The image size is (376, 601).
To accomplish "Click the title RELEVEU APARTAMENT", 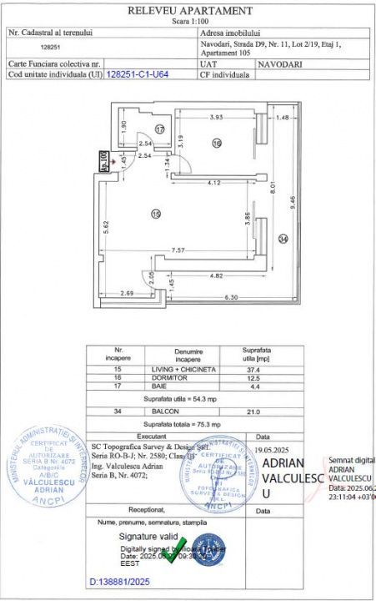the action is coord(189,10).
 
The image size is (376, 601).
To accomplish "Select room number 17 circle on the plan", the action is coord(160,129).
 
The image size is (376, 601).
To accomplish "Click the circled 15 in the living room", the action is coord(156,215).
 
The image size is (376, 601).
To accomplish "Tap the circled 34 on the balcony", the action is coord(283,240).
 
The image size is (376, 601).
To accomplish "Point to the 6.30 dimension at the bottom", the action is coord(228,297).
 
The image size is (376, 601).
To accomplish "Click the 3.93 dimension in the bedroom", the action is coord(218,118).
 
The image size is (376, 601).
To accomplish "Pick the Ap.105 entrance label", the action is coord(103,160).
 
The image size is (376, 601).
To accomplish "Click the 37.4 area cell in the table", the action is coord(250,368).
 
